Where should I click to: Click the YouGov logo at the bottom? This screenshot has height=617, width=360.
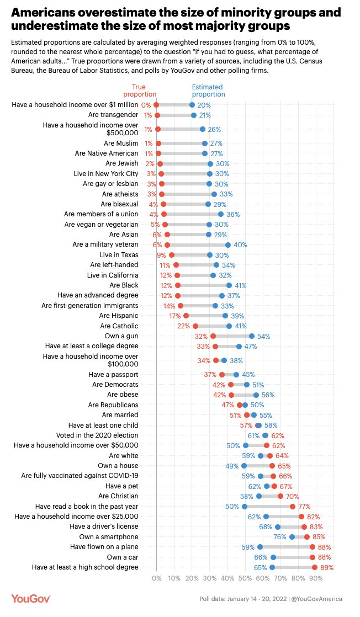pyautogui.click(x=31, y=599)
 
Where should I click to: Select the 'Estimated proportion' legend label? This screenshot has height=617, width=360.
pyautogui.click(x=207, y=91)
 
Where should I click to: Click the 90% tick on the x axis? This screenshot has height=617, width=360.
pyautogui.click(x=315, y=578)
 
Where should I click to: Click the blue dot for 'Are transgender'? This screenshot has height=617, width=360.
pyautogui.click(x=194, y=115)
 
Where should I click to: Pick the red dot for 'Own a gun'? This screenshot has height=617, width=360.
pyautogui.click(x=213, y=336)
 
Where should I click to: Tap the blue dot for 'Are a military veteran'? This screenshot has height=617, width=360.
pyautogui.click(x=227, y=245)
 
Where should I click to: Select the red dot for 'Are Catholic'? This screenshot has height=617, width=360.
pyautogui.click(x=195, y=326)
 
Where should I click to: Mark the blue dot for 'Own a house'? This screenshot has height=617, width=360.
pyautogui.click(x=243, y=466)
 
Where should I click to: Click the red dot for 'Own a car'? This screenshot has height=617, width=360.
pyautogui.click(x=313, y=557)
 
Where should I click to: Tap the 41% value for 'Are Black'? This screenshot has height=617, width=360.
pyautogui.click(x=240, y=285)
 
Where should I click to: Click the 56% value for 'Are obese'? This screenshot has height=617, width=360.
pyautogui.click(x=268, y=395)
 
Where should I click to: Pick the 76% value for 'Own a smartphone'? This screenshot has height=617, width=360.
pyautogui.click(x=280, y=536)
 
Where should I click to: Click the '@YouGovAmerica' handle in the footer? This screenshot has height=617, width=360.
pyautogui.click(x=317, y=599)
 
